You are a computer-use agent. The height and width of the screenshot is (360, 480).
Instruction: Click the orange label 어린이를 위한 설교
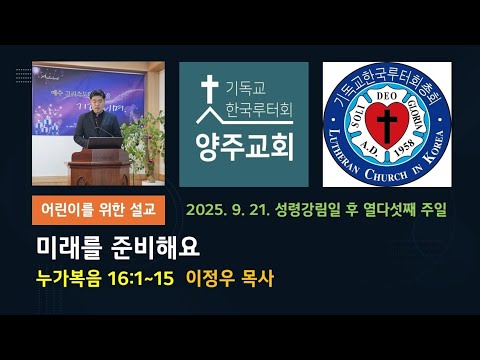[100, 210]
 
